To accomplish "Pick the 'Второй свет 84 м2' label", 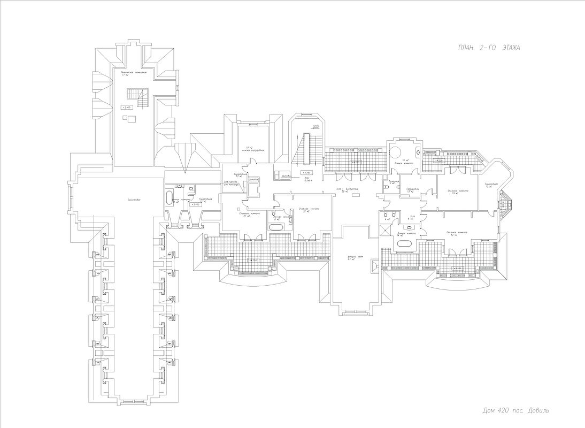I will point(351,259).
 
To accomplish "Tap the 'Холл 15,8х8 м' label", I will point(308,180).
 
